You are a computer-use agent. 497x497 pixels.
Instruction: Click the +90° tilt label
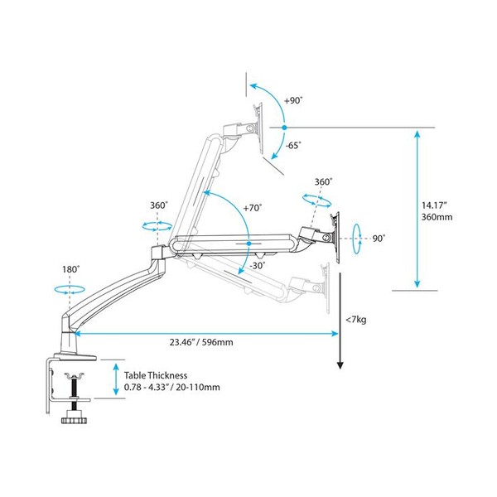[293, 101]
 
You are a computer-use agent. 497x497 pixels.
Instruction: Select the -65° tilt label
[293, 146]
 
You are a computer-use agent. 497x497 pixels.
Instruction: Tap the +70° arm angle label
[253, 208]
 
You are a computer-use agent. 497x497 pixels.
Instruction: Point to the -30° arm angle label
[258, 266]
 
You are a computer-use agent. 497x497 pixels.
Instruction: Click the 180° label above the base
[70, 269]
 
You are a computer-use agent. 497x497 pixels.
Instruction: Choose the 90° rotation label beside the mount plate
[379, 239]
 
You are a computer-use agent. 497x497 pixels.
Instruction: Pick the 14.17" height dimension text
[434, 205]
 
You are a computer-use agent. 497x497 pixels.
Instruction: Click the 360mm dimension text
[437, 217]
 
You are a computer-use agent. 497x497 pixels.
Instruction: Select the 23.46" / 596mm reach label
[201, 342]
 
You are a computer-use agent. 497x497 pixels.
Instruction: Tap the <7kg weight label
[356, 320]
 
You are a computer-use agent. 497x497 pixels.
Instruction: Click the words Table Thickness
[156, 375]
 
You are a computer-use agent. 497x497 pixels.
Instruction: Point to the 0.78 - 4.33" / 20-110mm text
[171, 388]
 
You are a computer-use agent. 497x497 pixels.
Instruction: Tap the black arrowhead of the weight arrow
[340, 364]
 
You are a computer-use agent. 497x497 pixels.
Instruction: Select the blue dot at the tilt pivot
[284, 128]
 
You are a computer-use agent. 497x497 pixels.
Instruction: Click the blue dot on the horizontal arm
[248, 244]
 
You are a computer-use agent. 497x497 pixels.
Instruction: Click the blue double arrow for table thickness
[116, 379]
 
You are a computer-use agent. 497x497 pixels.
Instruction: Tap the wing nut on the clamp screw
[74, 376]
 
